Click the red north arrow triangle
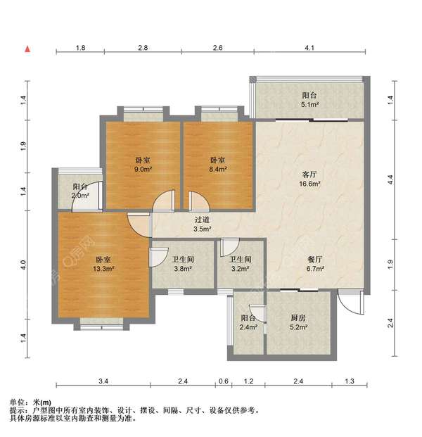pyautogui.click(x=27, y=49)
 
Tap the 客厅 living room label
pyautogui.click(x=309, y=175)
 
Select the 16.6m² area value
pyautogui.click(x=309, y=184)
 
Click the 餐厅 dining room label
pyautogui.click(x=315, y=260)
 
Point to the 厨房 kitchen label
pyautogui.click(x=298, y=317)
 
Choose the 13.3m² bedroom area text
pyautogui.click(x=103, y=269)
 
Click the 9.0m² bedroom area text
pyautogui.click(x=143, y=169)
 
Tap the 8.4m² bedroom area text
pyautogui.click(x=218, y=169)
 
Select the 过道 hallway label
pyautogui.click(x=202, y=220)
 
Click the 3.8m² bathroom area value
pyautogui.click(x=183, y=269)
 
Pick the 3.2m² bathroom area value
pyautogui.click(x=240, y=269)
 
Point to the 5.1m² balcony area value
pyautogui.click(x=309, y=105)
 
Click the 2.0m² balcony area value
pyautogui.click(x=80, y=196)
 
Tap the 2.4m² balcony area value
pyautogui.click(x=248, y=327)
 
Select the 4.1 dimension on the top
pyautogui.click(x=309, y=48)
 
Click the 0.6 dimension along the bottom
pyautogui.click(x=224, y=381)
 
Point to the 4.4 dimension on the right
pyautogui.click(x=390, y=179)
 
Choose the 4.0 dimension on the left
pyautogui.click(x=23, y=265)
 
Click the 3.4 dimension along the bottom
pyautogui.click(x=103, y=381)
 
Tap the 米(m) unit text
pyautogui.click(x=41, y=403)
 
